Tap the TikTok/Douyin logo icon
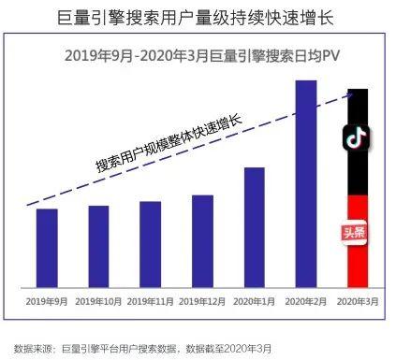357,137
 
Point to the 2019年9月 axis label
47,300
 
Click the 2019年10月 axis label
98,300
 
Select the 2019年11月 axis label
150,300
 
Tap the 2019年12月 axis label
202,300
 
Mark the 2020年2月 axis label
306,300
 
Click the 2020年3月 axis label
357,300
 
